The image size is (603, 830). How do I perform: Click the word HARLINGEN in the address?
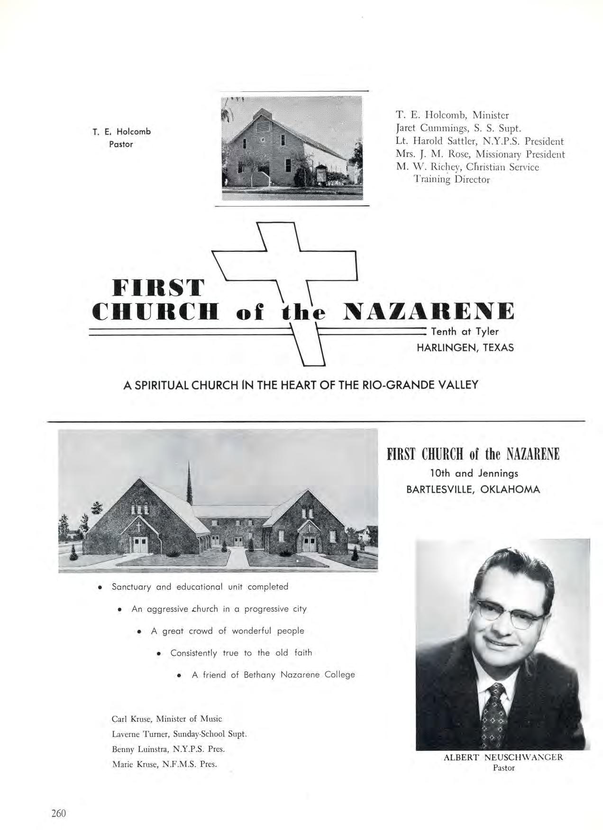coord(448,348)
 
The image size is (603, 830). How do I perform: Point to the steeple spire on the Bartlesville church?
coord(190,478)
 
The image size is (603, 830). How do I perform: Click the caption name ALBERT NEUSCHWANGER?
coord(503,757)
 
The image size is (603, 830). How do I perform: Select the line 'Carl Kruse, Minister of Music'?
coord(166,719)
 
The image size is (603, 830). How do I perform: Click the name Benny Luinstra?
coord(140,749)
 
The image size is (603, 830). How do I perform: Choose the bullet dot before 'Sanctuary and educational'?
coord(100,587)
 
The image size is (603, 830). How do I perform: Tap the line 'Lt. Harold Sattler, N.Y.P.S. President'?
coord(479,141)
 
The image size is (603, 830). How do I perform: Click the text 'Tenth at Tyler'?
coord(465,332)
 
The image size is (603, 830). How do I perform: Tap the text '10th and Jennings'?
coord(474,473)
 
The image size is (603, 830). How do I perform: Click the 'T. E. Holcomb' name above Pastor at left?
coord(121,132)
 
